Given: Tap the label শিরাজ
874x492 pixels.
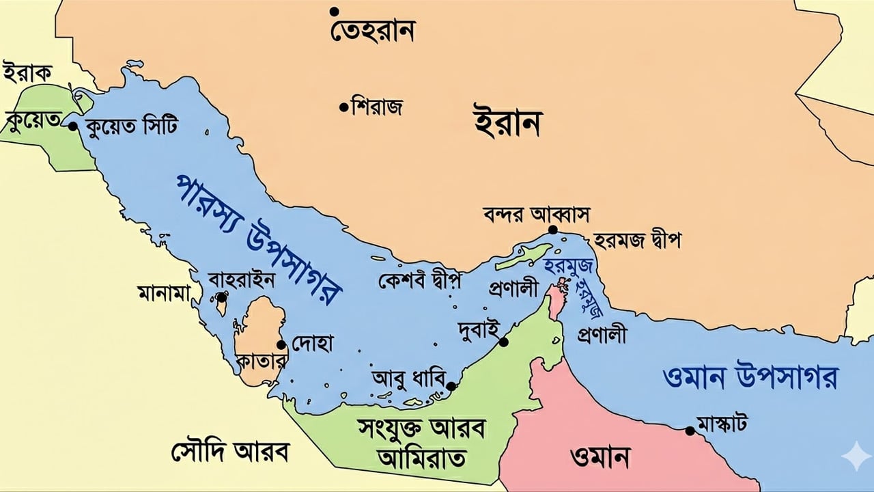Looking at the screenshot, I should coord(376,107).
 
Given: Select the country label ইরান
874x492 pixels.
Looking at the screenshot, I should coord(507,123).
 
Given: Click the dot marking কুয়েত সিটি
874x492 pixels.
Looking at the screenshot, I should coord(73,126).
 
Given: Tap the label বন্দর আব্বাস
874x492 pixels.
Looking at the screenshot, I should coord(535,213).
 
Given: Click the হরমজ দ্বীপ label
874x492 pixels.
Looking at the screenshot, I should coord(637,240).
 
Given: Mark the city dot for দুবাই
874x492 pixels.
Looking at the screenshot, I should coord(504,342).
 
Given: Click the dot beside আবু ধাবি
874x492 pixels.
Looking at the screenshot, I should coord(451,386).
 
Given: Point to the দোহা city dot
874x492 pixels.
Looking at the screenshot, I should coord(281,344).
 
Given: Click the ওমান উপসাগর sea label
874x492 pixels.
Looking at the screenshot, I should coord(750,377).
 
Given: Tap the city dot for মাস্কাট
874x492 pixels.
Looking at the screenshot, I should coord(690,430).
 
